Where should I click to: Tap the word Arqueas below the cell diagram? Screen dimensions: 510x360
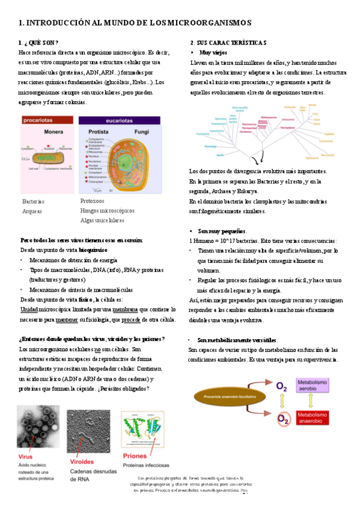coord(33,211)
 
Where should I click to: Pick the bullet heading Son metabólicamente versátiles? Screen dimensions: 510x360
coord(238,340)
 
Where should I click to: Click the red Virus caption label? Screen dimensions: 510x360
coord(25,458)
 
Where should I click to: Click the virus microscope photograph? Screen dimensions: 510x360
coord(37,428)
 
